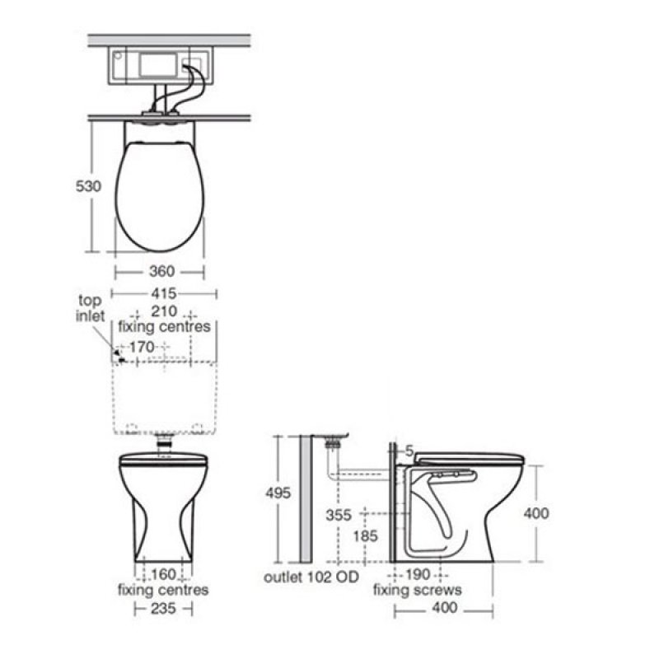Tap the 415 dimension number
(x=164, y=293)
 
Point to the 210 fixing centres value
(x=164, y=312)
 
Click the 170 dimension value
(x=141, y=348)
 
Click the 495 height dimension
(x=278, y=493)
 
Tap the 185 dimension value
(x=364, y=536)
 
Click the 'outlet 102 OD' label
(x=311, y=577)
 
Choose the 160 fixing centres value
(x=163, y=574)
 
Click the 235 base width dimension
(x=163, y=609)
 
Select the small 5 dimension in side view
(x=407, y=450)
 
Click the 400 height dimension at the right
(x=536, y=513)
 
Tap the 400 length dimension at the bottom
(x=443, y=610)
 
